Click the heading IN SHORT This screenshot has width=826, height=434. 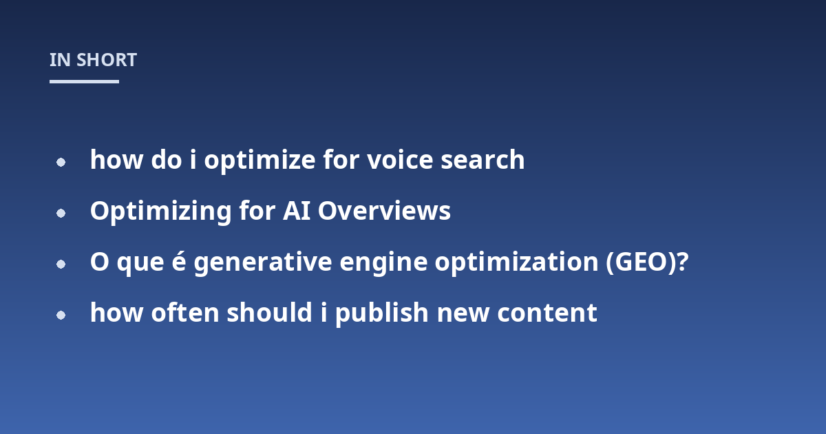coord(94,60)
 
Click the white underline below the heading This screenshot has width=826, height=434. coord(84,81)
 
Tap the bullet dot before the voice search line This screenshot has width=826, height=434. coord(61,162)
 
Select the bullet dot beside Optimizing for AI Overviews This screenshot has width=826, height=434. coord(61,213)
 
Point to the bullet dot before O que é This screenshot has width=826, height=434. coord(61,264)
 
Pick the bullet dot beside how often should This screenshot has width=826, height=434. coord(61,316)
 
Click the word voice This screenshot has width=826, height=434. coord(400,160)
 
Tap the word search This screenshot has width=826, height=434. coord(483,160)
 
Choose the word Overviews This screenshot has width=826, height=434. coord(384,211)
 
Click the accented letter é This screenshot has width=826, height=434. coord(179,260)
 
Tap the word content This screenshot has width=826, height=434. coord(547,313)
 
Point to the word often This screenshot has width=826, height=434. coord(185,312)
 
